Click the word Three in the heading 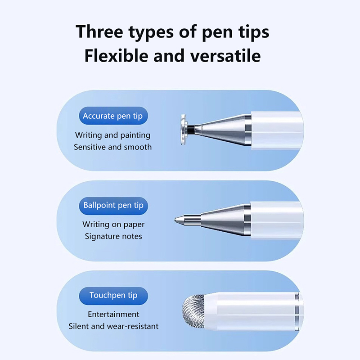(x=99, y=31)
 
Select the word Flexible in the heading (x=117, y=55)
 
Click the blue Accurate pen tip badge (x=113, y=116)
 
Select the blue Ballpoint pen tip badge (x=113, y=206)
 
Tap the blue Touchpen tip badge (x=113, y=296)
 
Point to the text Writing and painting (x=113, y=135)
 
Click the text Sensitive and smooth (x=113, y=147)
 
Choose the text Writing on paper (x=113, y=224)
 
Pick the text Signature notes (x=113, y=236)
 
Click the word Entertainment (x=113, y=314)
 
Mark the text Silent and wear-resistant (x=113, y=326)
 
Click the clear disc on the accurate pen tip (x=183, y=130)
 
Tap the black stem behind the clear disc (x=191, y=130)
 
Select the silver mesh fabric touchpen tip (x=194, y=311)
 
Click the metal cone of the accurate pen (x=223, y=130)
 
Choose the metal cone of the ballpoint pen (x=226, y=220)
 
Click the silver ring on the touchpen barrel (x=297, y=311)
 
